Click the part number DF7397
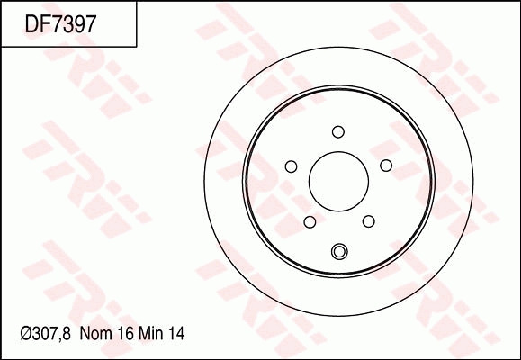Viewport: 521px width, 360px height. [60, 24]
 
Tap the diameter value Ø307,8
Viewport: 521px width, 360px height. [46, 333]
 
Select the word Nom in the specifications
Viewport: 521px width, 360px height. [95, 333]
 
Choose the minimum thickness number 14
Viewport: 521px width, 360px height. [176, 333]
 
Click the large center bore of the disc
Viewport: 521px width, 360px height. [338, 182]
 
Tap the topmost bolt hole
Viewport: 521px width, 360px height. [338, 132]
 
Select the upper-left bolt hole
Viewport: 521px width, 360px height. [292, 166]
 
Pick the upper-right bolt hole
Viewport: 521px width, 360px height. [386, 166]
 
